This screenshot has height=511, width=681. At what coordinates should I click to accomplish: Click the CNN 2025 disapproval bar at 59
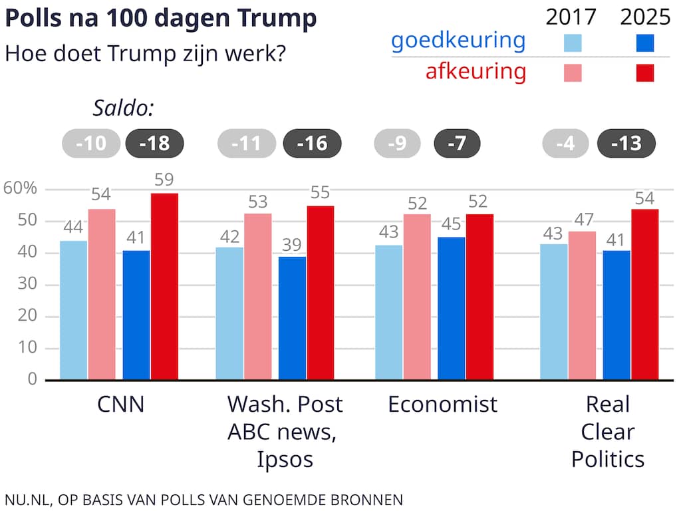[x=164, y=286]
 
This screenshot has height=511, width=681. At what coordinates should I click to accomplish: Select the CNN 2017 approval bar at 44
[x=73, y=310]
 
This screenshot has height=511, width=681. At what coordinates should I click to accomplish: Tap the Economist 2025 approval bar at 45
[x=452, y=308]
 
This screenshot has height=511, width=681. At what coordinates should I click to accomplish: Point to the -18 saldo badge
[x=154, y=144]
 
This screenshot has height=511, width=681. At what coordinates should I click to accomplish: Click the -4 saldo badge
[x=565, y=144]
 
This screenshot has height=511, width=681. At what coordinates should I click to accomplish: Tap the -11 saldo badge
[x=247, y=144]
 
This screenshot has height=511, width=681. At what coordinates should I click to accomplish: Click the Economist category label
[x=442, y=405]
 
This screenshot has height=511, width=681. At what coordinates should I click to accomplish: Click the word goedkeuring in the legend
[x=458, y=41]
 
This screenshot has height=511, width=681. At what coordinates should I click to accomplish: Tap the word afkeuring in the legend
[x=476, y=71]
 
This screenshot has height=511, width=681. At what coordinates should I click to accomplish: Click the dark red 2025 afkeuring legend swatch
[x=644, y=73]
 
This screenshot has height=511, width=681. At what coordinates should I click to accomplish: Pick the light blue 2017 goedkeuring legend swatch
[x=572, y=43]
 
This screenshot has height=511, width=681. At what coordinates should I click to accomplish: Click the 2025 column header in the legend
[x=645, y=16]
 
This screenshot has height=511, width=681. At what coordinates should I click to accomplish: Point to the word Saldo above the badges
[x=123, y=108]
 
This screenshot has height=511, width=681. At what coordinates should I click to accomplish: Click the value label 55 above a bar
[x=320, y=193]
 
